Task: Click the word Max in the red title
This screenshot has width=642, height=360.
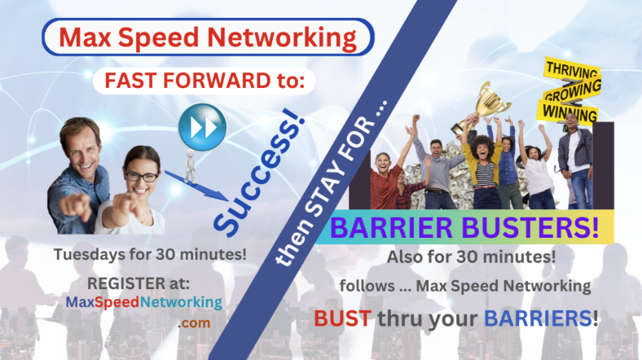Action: [86, 37]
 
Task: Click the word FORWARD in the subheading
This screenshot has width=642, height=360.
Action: [217, 80]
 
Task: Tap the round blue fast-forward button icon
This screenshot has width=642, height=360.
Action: [202, 127]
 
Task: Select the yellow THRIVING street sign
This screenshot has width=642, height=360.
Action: [572, 68]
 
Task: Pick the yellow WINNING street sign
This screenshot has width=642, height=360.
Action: [569, 112]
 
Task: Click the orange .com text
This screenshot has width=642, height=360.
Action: [194, 323]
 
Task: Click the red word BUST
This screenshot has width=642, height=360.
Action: [343, 318]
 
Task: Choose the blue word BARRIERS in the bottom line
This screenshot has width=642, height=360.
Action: [538, 318]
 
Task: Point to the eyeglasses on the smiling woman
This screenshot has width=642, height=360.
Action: [142, 177]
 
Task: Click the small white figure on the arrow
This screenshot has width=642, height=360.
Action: [190, 166]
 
